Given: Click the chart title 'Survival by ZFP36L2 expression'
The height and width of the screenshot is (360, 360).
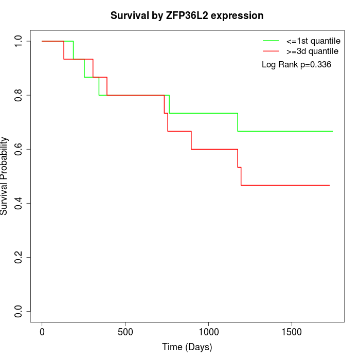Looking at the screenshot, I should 187,16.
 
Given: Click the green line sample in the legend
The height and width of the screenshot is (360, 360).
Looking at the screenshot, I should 271,41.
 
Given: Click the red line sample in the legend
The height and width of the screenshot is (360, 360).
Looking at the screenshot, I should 271,51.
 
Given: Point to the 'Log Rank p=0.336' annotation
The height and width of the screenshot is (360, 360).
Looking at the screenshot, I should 296,65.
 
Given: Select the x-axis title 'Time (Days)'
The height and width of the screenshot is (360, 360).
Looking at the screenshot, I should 187,347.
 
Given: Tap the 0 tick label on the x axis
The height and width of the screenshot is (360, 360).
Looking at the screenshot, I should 42,332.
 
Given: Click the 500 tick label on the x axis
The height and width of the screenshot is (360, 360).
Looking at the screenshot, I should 125,332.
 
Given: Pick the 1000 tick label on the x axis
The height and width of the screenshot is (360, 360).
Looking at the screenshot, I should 209,332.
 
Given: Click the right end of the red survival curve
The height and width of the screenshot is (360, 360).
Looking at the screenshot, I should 329,185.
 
